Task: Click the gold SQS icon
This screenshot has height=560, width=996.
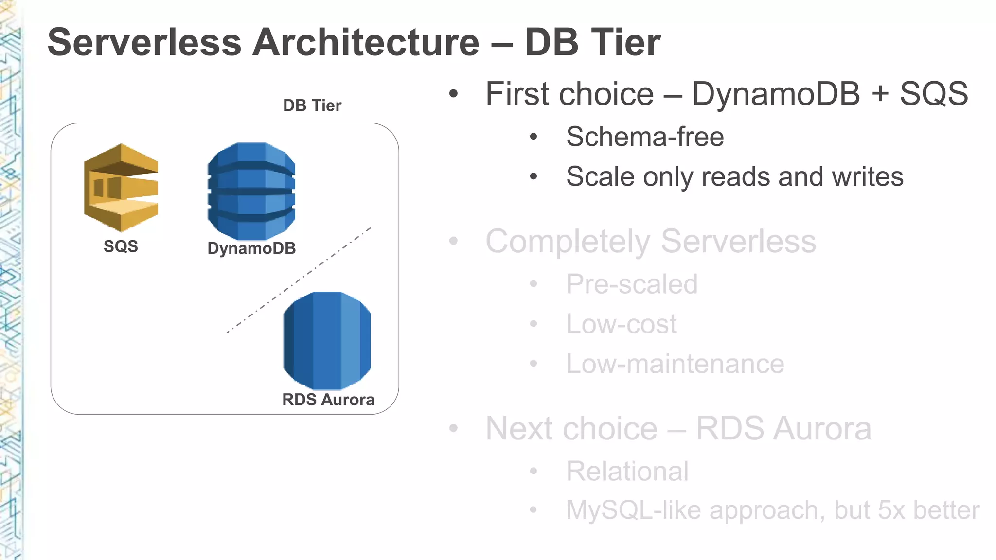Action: (121, 188)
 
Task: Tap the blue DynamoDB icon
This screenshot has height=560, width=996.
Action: (251, 191)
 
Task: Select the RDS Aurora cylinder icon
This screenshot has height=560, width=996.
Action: (327, 340)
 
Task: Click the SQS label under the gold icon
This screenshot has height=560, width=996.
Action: (121, 246)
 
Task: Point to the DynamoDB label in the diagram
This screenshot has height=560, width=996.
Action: (251, 248)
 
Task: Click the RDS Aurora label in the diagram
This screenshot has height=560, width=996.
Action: (328, 400)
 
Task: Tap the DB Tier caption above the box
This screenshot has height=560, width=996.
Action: (312, 105)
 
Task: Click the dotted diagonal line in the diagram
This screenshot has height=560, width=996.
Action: (299, 280)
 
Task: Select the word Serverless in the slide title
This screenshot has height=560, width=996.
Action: (144, 43)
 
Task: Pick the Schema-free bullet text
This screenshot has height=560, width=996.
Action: (645, 137)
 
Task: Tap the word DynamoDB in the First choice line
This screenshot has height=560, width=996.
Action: (776, 94)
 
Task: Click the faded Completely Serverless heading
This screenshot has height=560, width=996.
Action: (651, 241)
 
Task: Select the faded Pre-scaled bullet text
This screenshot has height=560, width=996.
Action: (632, 284)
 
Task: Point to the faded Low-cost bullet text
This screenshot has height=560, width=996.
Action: (621, 324)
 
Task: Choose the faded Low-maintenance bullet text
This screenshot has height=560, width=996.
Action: (675, 364)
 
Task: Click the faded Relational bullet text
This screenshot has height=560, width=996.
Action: (627, 471)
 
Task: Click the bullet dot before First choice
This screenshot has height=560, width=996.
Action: (453, 94)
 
